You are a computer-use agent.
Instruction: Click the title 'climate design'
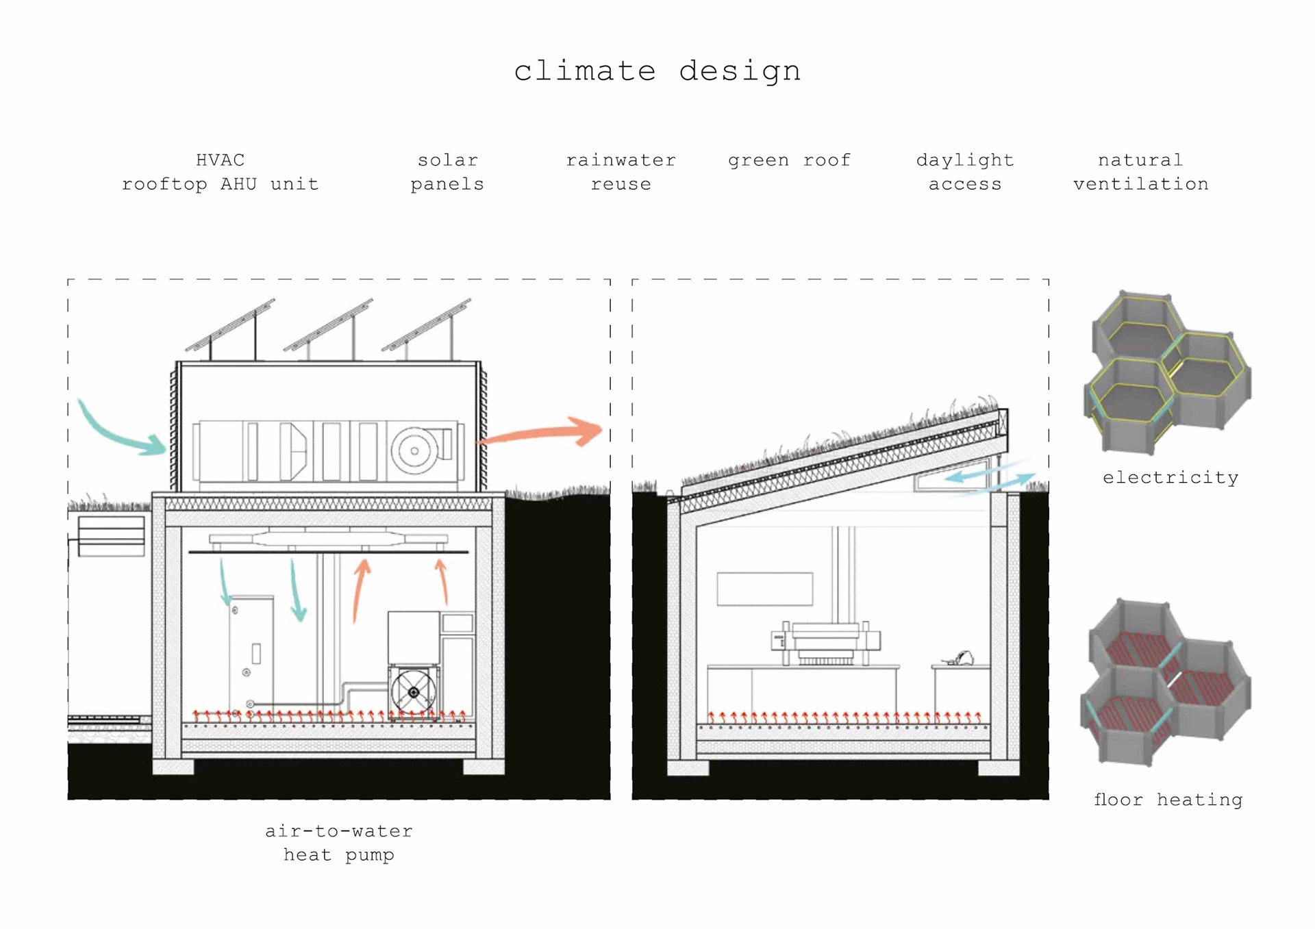click(657, 71)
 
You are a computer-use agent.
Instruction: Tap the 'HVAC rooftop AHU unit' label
click(220, 172)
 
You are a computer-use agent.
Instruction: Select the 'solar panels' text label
click(447, 172)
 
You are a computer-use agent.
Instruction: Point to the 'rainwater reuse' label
click(621, 172)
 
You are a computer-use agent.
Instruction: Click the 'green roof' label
click(789, 160)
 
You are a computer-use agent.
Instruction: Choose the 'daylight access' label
click(964, 172)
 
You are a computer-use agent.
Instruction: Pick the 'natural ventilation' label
click(1140, 172)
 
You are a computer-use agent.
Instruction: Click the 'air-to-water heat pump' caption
click(339, 843)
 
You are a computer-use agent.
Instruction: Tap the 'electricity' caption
click(1170, 477)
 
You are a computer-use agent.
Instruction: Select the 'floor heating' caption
click(1168, 800)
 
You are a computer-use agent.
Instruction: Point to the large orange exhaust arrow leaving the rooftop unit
click(544, 433)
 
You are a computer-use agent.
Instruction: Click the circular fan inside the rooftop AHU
click(414, 450)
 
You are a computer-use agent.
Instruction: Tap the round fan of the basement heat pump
click(413, 692)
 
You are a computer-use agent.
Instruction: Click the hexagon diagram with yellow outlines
click(1167, 373)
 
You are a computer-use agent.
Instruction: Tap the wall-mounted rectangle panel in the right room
click(764, 589)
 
